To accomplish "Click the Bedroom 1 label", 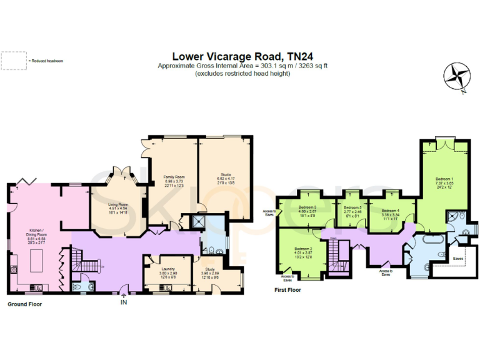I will click(445, 179).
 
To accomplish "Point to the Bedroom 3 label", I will click(307, 207).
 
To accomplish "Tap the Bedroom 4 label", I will click(390, 211).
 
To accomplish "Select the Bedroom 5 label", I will click(352, 207).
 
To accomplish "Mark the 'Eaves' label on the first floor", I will click(458, 258).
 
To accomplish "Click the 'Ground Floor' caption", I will click(25, 304).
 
